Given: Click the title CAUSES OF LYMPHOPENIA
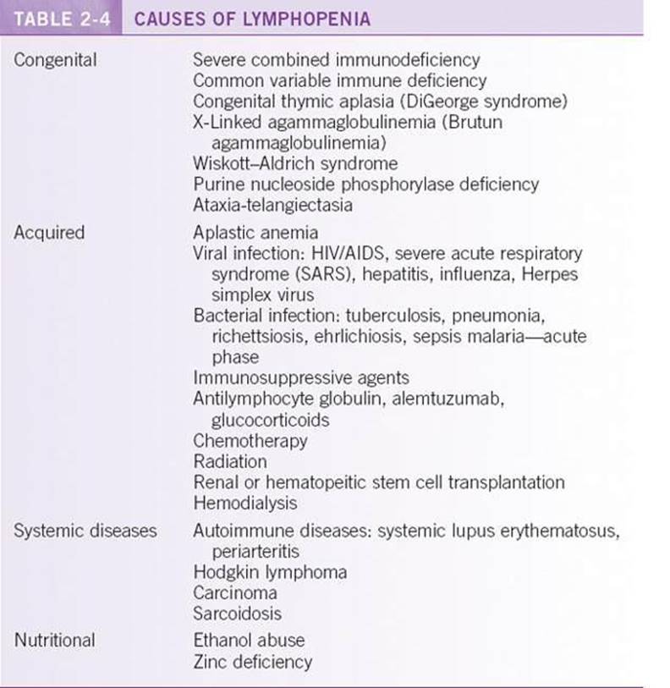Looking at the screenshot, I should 252,18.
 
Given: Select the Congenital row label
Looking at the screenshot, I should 55,60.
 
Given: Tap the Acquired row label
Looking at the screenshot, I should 49,232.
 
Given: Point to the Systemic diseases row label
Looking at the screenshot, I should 85,531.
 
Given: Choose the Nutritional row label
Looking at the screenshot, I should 54,640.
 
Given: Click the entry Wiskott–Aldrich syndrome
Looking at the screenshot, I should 295,163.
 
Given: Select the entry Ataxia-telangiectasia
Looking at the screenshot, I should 273,205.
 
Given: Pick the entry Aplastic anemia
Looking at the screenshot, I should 255,232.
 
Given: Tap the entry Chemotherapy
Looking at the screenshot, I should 250,441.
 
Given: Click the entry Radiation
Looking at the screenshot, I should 230,462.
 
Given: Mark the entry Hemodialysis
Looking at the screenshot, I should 245,504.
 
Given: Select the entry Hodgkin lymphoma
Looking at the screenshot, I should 270,572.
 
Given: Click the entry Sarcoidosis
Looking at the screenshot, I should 238,614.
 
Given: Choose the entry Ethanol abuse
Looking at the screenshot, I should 249,640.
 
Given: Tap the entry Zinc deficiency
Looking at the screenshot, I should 253,661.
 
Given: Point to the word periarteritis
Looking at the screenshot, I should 255,551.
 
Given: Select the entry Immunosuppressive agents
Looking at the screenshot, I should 301,378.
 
